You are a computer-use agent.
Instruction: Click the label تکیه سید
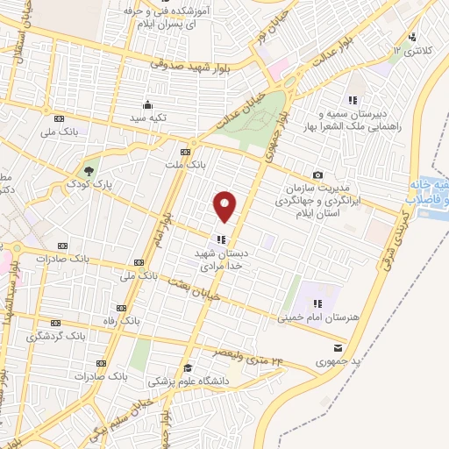149,117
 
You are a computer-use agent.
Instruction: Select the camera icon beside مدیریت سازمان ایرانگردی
317,175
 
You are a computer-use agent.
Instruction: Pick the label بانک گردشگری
53,336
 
